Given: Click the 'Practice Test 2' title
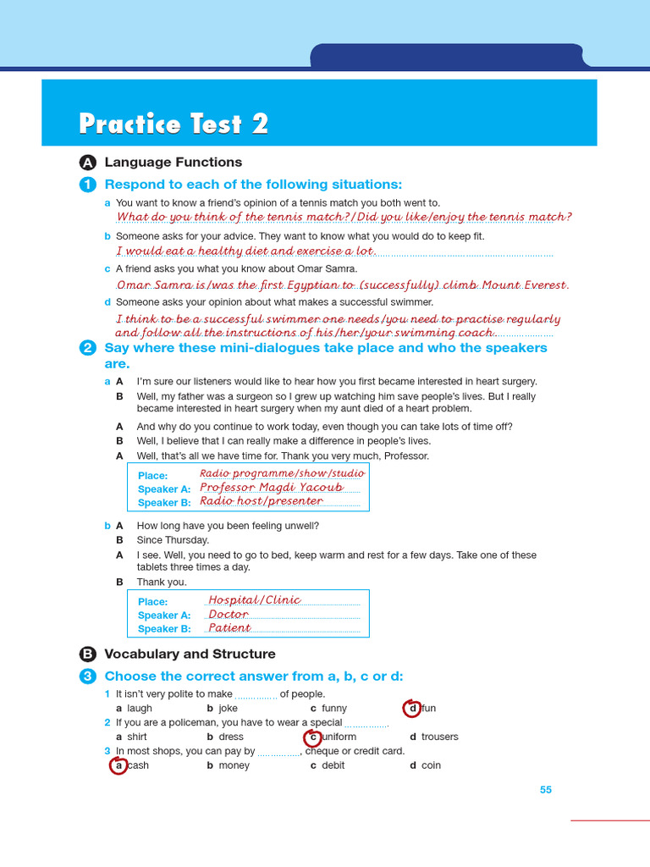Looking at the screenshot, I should (174, 124).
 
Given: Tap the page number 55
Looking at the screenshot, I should (546, 790).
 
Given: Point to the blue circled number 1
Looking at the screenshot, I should (88, 185).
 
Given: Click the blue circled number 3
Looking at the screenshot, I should (88, 676).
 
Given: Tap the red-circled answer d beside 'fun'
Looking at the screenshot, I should (413, 708).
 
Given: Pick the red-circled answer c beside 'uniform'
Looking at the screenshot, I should (313, 737).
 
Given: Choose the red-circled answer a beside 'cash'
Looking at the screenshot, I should (119, 765).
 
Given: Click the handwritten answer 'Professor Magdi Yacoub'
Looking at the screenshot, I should (272, 488).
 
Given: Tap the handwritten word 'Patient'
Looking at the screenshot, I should (229, 628).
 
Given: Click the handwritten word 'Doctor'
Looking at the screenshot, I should (229, 615).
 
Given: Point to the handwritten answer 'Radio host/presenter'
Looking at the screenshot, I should (262, 501).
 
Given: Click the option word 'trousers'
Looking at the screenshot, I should (439, 737).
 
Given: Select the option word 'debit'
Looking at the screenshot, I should (333, 765).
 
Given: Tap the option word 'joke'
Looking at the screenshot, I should (228, 708).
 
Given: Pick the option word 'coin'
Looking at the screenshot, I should (431, 765).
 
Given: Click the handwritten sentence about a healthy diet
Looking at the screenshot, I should (245, 251).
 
